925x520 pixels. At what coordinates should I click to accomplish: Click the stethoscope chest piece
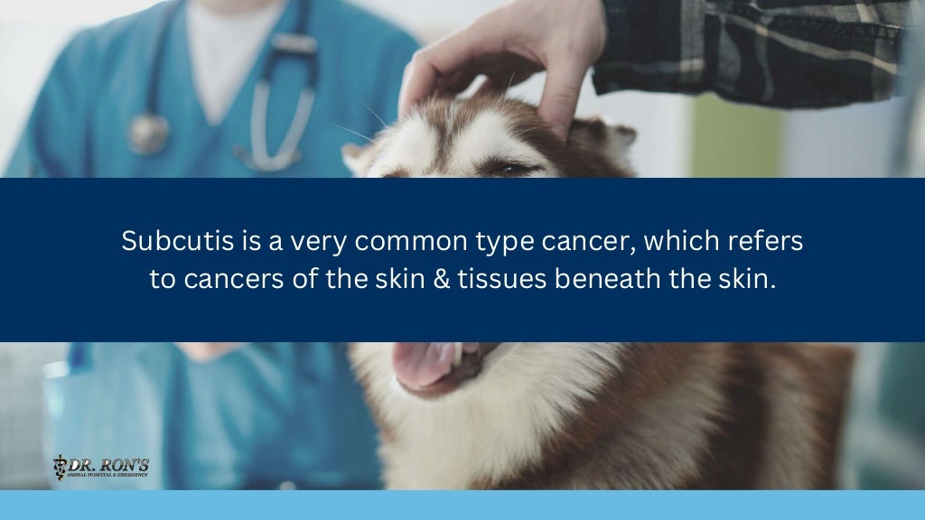pyautogui.click(x=148, y=134)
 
